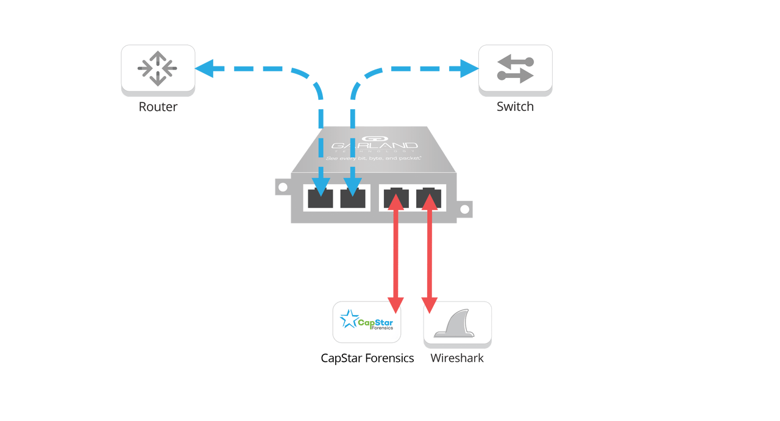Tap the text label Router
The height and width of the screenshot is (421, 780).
tap(158, 107)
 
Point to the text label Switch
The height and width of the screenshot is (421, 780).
tap(515, 107)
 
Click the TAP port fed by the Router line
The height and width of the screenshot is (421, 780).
tap(321, 198)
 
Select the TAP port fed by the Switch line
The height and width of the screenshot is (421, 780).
tap(353, 198)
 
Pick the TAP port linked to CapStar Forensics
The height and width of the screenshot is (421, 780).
tap(396, 198)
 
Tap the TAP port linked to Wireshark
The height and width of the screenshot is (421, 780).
tap(430, 198)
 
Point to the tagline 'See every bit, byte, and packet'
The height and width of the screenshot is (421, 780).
tap(374, 157)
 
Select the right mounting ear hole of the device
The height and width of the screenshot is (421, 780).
tap(464, 210)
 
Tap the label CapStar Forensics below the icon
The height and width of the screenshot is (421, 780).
tap(367, 358)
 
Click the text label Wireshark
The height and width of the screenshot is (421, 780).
tap(457, 358)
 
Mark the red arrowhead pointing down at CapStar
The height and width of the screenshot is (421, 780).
tap(396, 303)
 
